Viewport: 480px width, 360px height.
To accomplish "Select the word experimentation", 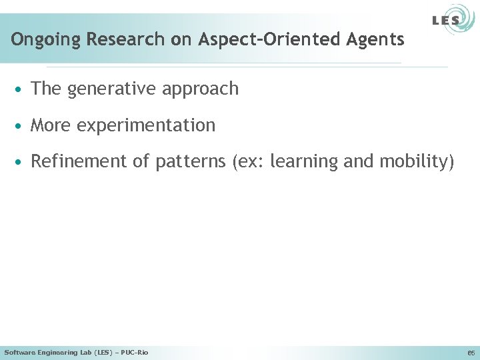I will click(x=146, y=125).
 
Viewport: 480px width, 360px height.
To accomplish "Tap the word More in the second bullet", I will click(x=51, y=125).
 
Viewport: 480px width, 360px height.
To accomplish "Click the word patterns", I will click(x=191, y=162).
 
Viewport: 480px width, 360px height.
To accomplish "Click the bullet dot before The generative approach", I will click(x=21, y=89).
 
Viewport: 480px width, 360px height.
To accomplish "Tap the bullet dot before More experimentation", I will click(x=21, y=125).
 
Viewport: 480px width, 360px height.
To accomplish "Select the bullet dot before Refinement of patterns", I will click(x=21, y=162).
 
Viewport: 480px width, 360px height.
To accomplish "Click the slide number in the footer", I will click(x=470, y=353).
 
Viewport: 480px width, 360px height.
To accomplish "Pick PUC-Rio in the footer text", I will click(x=135, y=352).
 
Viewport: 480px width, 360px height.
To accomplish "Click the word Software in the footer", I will click(x=19, y=352).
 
